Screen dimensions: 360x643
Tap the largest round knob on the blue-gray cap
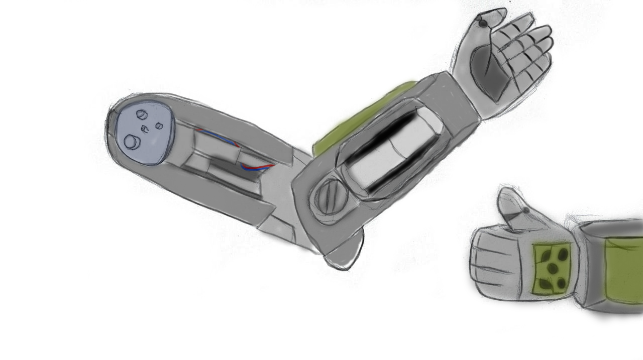click(x=132, y=143)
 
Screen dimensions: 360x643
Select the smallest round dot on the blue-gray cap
click(x=159, y=126)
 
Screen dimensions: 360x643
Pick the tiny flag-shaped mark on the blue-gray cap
click(x=146, y=129)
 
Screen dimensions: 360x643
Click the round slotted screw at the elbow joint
click(x=329, y=197)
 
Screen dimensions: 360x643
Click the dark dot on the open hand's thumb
click(x=483, y=24)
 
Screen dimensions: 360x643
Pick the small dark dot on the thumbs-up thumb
click(x=526, y=210)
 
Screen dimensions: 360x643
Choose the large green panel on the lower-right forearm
click(x=623, y=271)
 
